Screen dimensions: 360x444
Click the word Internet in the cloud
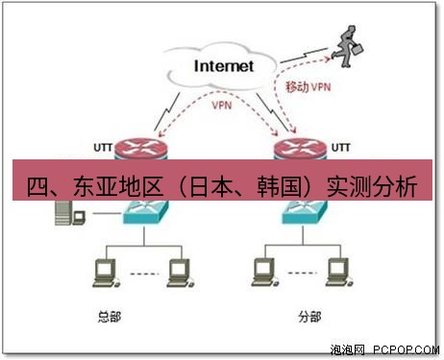tap(224, 66)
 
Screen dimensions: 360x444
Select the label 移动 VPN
tap(308, 86)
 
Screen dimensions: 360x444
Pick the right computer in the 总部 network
tap(176, 271)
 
